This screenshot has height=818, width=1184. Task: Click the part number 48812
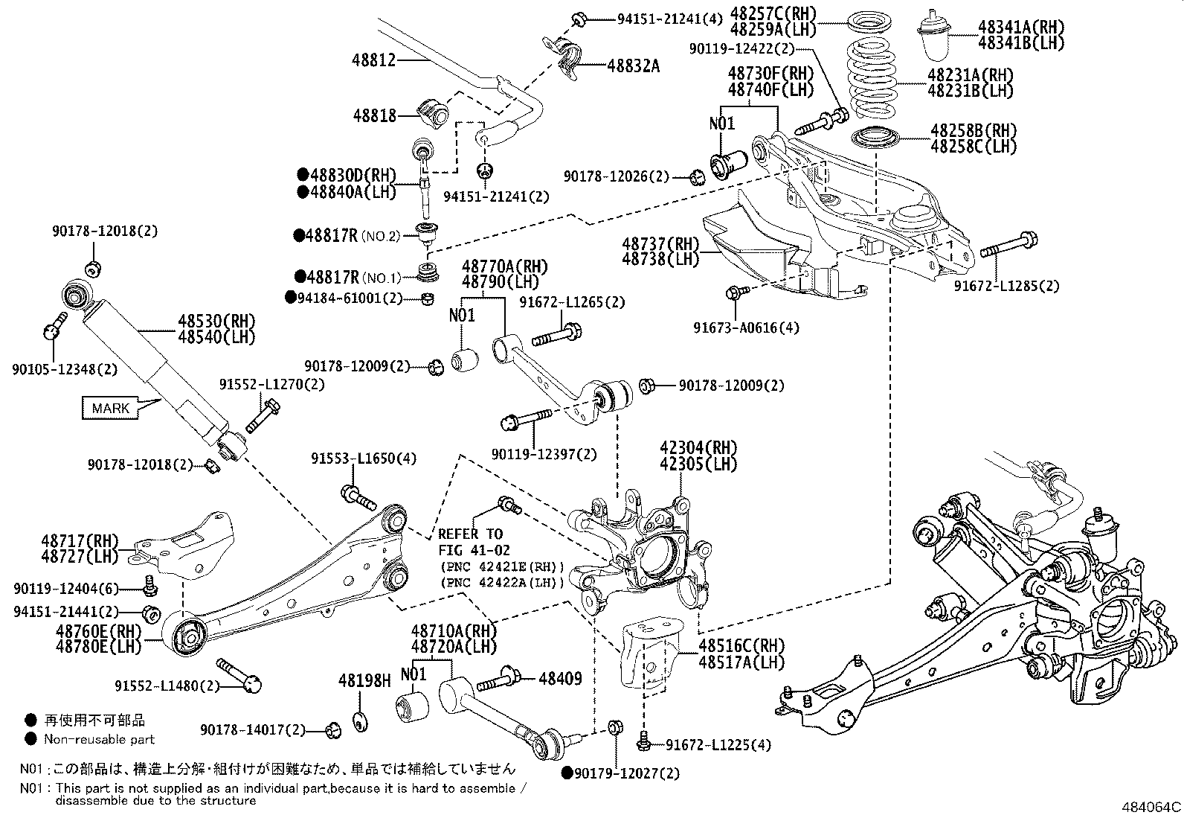374,60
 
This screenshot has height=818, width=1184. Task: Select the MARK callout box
111,408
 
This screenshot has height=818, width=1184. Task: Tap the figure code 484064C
1151,806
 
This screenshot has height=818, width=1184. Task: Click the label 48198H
364,680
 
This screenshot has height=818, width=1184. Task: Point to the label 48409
560,679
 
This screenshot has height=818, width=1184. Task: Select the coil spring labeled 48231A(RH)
877,77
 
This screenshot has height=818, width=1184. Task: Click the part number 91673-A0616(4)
746,327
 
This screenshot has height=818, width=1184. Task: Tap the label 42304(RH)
698,448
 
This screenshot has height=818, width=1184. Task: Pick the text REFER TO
470,534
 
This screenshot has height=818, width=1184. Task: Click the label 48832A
633,66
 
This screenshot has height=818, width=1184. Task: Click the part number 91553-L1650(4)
364,459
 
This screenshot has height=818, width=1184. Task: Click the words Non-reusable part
99,739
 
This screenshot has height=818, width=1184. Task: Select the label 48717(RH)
91,540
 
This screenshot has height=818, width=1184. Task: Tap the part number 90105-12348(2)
65,368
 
